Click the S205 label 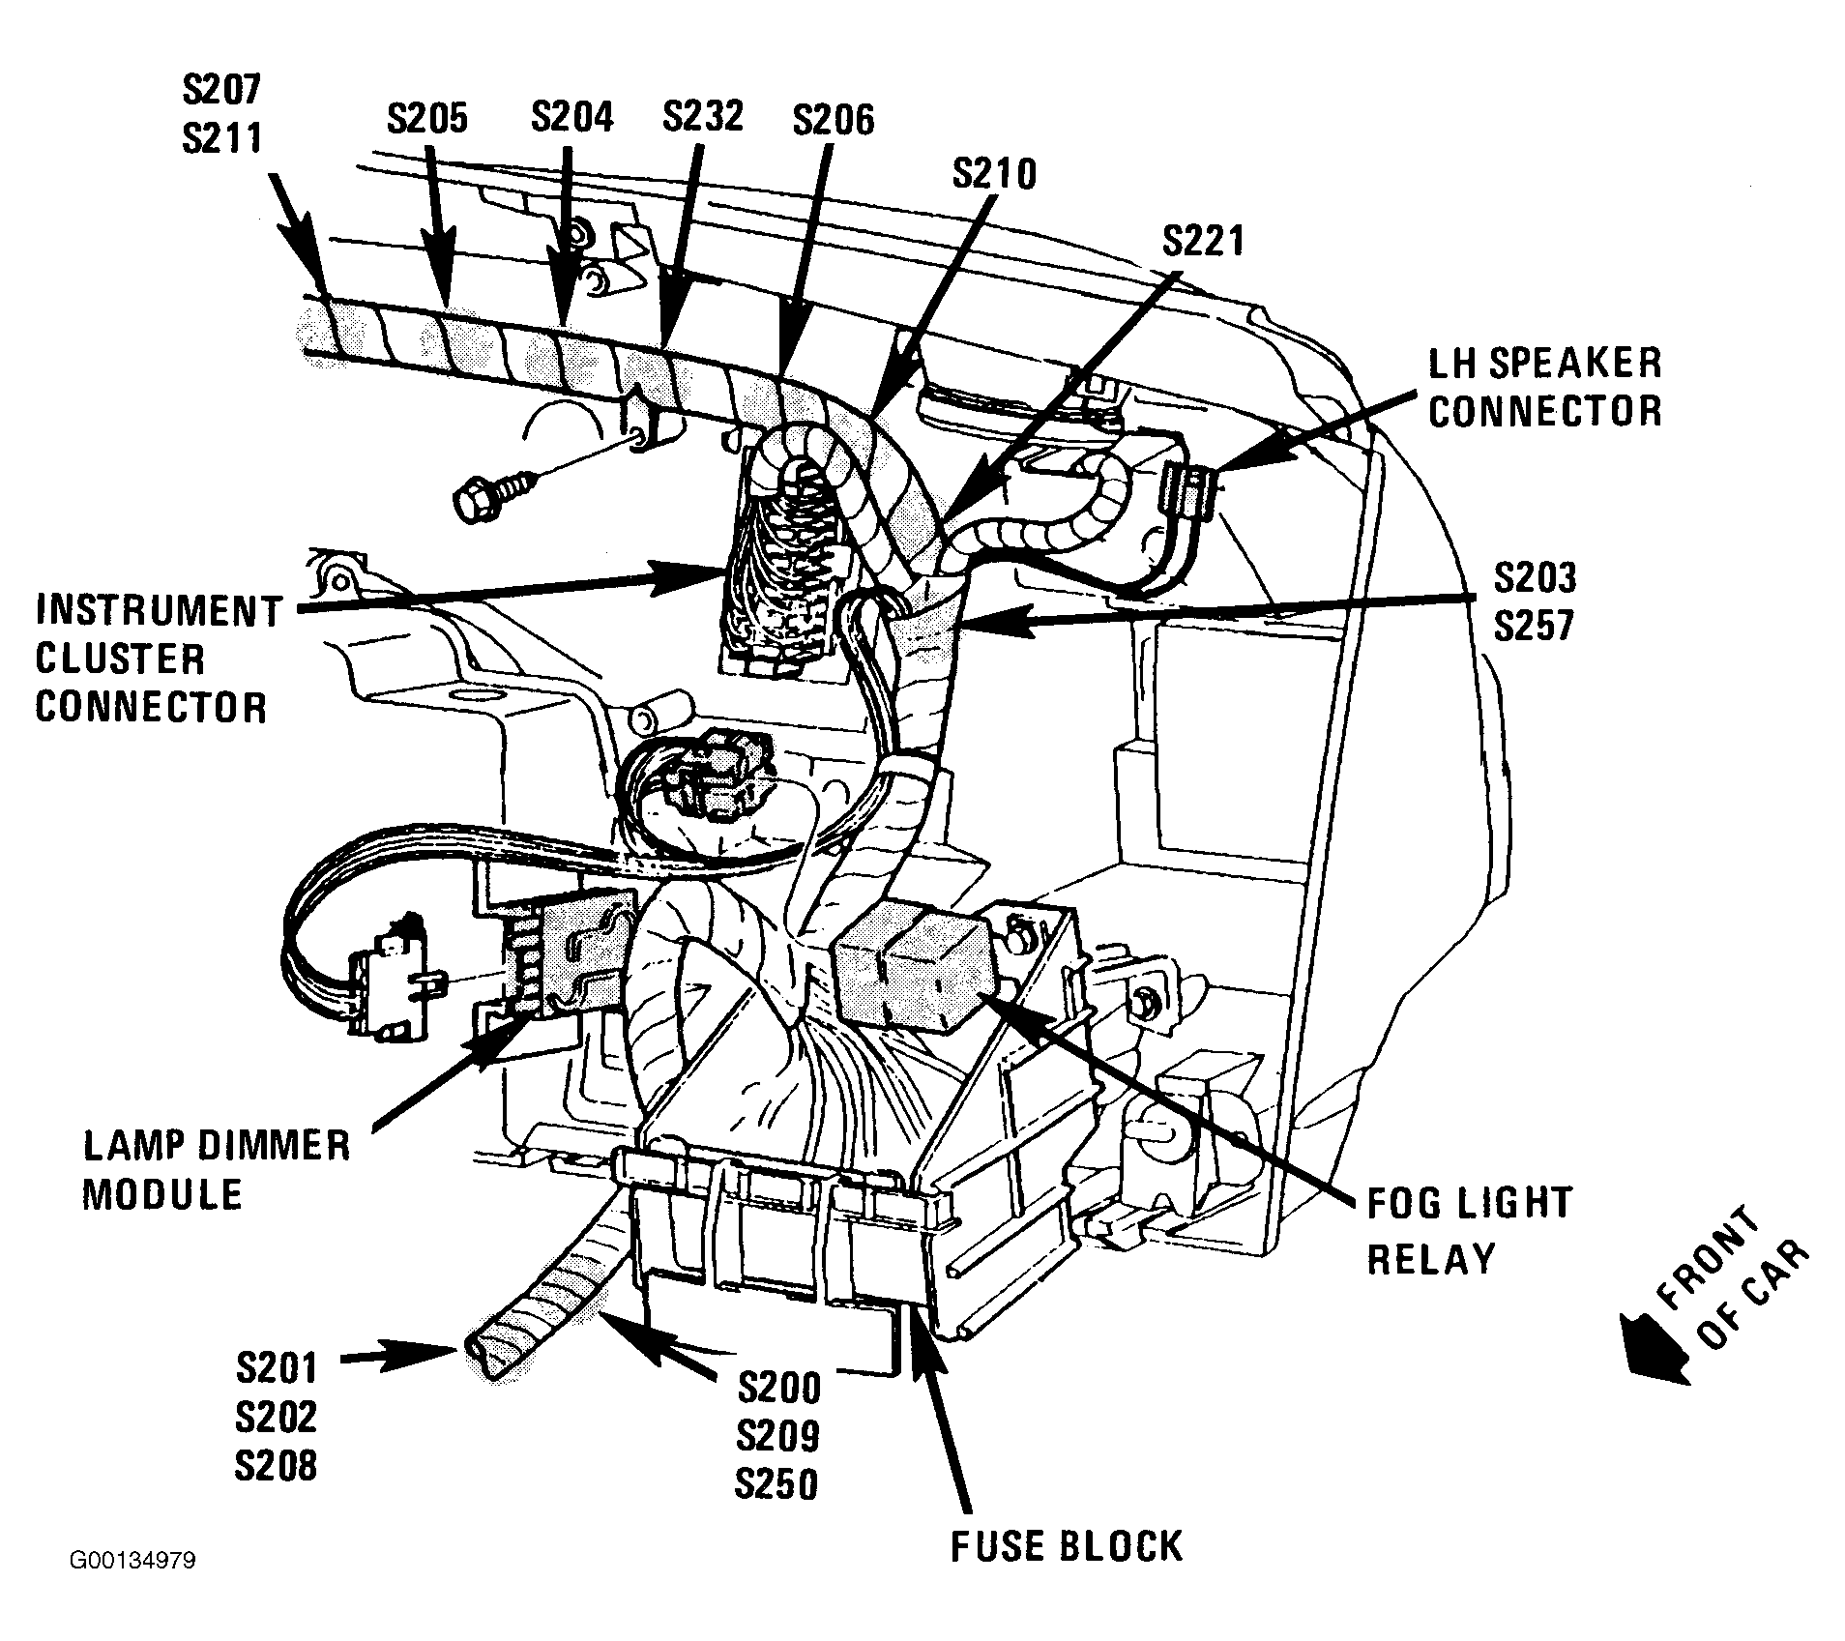point(427,119)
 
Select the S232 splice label point(703,115)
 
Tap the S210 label point(994,174)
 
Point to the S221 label point(1203,242)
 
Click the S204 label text point(572,117)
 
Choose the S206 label point(833,120)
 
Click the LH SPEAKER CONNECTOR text point(1545,387)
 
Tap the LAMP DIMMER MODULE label point(216,1170)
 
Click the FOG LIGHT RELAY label point(1469,1231)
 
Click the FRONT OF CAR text point(1730,1276)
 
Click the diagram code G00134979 point(132,1589)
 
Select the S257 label point(1536,626)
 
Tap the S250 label point(776,1483)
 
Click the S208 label point(276,1466)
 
